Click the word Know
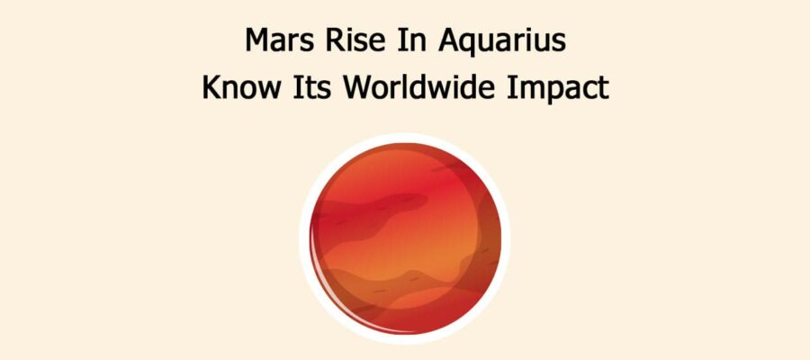(x=236, y=89)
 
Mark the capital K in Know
(x=211, y=89)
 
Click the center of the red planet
(x=404, y=238)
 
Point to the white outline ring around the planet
(x=404, y=138)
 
